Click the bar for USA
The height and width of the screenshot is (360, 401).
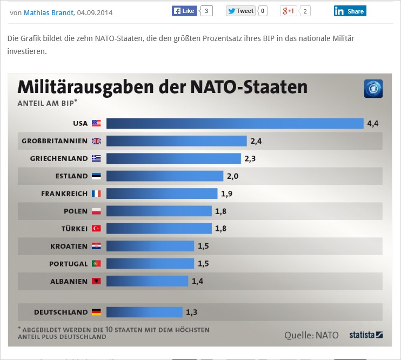pyautogui.click(x=235, y=123)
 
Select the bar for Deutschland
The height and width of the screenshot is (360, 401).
pyautogui.click(x=144, y=312)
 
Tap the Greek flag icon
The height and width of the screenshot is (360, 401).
pyautogui.click(x=96, y=158)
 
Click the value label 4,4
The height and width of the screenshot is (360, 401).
pyautogui.click(x=372, y=123)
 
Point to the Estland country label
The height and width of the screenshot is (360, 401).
pyautogui.click(x=71, y=176)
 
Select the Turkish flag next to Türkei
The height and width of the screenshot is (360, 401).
pyautogui.click(x=96, y=229)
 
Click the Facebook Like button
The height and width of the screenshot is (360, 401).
pyautogui.click(x=184, y=11)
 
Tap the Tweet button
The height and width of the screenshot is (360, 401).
pyautogui.click(x=240, y=11)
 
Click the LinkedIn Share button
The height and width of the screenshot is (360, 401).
pyautogui.click(x=350, y=11)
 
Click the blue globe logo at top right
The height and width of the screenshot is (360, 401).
pyautogui.click(x=373, y=89)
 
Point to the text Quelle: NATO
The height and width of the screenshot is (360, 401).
pyautogui.click(x=311, y=335)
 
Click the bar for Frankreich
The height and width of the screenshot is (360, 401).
pyautogui.click(x=162, y=194)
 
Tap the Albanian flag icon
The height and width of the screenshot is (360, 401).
pyautogui.click(x=96, y=281)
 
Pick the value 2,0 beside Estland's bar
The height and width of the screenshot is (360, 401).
pyautogui.click(x=232, y=176)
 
